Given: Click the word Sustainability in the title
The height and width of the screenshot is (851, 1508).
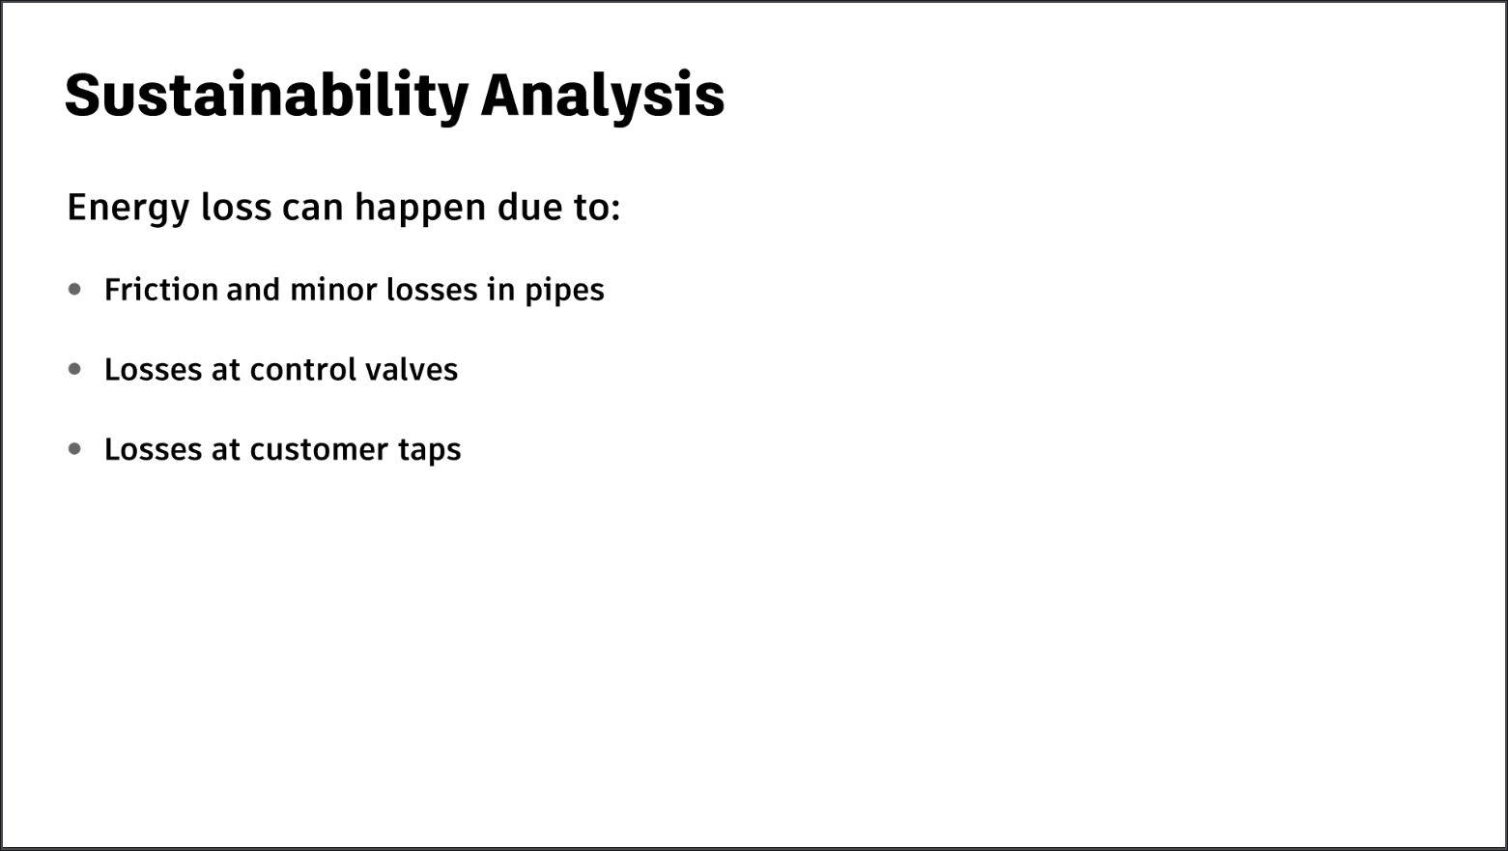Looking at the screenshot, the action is (x=266, y=97).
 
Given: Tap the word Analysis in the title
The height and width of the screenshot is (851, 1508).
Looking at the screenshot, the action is (x=603, y=97).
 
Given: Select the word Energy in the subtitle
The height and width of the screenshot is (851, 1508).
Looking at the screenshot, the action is (x=128, y=208).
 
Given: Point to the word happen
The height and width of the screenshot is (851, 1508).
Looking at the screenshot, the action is (x=420, y=208).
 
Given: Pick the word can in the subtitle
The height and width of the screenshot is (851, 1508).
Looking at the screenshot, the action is (x=312, y=208).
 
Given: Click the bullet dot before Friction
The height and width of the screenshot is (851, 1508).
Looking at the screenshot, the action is (x=74, y=290).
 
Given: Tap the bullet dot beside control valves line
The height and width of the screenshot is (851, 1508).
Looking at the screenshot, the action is (x=74, y=369).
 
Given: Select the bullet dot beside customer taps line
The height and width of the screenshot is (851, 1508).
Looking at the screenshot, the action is (x=74, y=449).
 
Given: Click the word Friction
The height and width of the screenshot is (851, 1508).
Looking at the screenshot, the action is (x=161, y=290).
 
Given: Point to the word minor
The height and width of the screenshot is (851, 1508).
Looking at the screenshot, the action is (x=333, y=290).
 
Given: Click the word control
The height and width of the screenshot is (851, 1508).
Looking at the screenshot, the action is (x=303, y=370).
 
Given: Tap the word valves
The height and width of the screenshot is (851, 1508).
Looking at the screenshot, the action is (x=412, y=370).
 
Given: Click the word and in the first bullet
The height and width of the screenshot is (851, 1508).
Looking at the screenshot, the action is (x=253, y=290).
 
